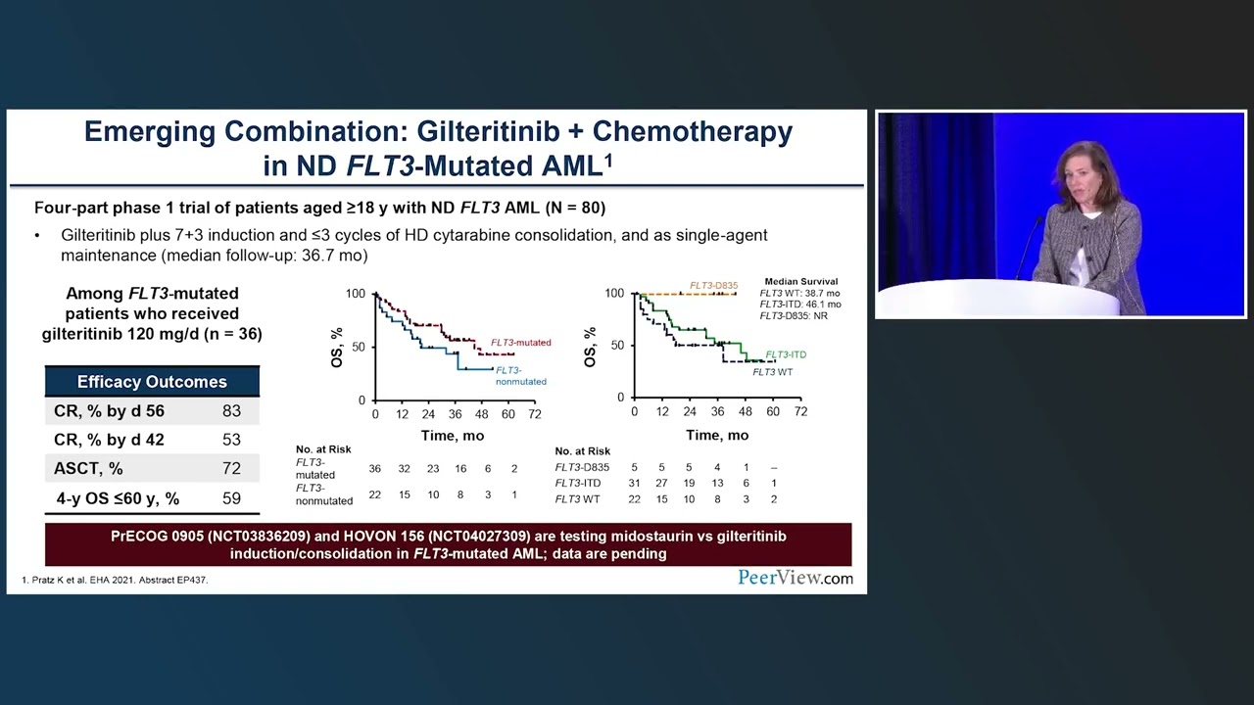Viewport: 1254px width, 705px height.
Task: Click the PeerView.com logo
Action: (795, 578)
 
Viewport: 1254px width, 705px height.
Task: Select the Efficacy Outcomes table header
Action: (152, 382)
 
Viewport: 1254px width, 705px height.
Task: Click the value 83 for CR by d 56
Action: (231, 411)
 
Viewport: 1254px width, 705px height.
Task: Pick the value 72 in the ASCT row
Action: (231, 469)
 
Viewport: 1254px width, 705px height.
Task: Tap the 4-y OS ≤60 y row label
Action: (118, 498)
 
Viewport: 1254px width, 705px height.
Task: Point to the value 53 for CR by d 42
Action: (231, 440)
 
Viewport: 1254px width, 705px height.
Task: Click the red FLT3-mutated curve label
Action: (520, 343)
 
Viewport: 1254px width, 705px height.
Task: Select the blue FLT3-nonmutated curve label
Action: (520, 376)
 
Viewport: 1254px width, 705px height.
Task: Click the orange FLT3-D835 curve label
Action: (713, 286)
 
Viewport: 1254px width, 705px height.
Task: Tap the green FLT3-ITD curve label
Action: (786, 354)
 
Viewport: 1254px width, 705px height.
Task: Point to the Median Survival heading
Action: (801, 281)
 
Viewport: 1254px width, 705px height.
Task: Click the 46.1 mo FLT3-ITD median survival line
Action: (799, 305)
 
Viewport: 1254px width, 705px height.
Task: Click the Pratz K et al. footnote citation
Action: (115, 580)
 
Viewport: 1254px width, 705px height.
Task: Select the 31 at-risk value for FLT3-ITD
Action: (634, 484)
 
